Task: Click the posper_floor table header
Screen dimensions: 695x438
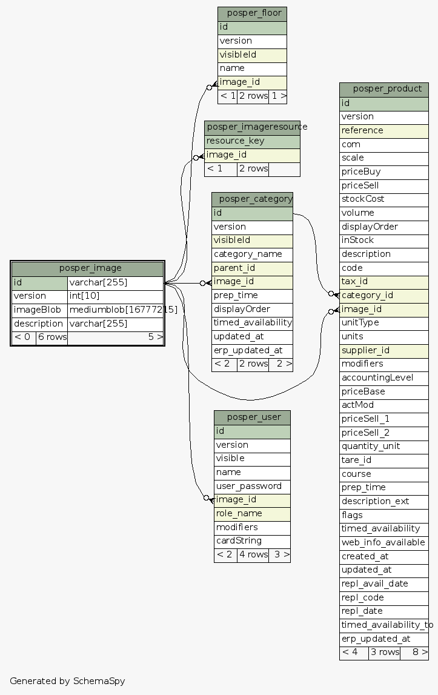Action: coord(252,13)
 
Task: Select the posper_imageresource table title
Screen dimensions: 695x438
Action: coord(252,127)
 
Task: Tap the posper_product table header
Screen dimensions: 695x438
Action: coord(384,89)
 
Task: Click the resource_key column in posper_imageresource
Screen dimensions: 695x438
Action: coord(252,141)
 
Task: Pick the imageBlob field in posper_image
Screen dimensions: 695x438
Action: coord(39,310)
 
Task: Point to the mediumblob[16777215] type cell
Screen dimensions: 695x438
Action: coord(116,310)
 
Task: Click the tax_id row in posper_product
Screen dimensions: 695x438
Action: coord(384,282)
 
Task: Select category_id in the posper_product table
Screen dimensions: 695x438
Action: coord(384,295)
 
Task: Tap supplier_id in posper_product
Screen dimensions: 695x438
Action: coord(384,350)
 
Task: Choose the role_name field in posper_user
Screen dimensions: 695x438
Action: coord(252,513)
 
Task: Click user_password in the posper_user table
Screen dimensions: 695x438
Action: coord(252,486)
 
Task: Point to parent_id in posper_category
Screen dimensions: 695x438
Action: coord(252,268)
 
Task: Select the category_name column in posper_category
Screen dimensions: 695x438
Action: coord(252,254)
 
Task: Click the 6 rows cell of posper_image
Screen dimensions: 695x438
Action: coord(51,337)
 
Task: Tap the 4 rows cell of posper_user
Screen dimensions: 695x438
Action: coord(253,554)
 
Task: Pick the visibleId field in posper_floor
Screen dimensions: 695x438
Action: coord(252,55)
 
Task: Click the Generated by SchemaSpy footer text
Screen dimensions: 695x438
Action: coord(67,680)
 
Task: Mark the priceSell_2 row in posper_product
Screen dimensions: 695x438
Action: coord(384,433)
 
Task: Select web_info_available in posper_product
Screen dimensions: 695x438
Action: coord(384,542)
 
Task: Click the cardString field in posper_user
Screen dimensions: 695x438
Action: coord(252,540)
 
